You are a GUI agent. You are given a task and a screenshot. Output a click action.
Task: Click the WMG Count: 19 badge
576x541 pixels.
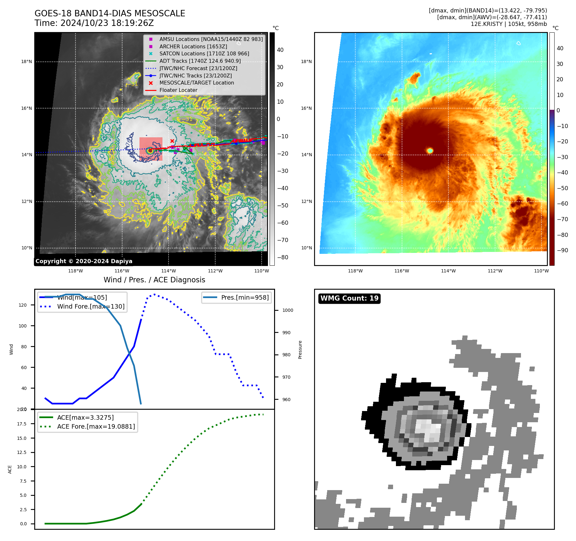(349, 298)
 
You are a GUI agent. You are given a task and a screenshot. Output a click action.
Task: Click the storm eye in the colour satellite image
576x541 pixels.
(430, 150)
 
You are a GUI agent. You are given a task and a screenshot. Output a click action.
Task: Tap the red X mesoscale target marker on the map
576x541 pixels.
(172, 141)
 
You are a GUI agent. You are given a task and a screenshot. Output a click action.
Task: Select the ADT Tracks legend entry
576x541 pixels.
(200, 61)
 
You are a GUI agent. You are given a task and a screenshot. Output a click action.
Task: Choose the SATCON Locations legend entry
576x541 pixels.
(204, 53)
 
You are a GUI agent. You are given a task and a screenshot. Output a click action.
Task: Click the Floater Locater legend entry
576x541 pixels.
(178, 90)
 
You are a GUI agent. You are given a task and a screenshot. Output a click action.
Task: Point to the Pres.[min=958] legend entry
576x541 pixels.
(245, 297)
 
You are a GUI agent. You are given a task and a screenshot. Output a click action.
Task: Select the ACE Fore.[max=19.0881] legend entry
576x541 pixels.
(96, 426)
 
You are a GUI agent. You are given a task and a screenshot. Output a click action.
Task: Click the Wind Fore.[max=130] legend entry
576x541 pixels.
(91, 306)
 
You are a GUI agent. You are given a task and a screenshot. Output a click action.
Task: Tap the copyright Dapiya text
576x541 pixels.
(84, 261)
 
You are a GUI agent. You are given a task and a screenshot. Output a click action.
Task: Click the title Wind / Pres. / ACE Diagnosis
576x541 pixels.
(154, 280)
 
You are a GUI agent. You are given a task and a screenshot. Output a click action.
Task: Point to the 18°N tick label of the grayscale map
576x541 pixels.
(27, 61)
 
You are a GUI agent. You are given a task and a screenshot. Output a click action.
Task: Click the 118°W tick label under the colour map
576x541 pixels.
(355, 271)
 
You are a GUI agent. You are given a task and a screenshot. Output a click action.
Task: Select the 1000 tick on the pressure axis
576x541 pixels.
(288, 310)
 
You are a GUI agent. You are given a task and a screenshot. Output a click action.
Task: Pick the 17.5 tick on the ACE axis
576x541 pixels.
(22, 424)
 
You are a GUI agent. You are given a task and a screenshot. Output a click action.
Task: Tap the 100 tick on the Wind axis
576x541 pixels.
(23, 326)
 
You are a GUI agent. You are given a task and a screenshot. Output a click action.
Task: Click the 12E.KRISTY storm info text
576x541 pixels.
(509, 24)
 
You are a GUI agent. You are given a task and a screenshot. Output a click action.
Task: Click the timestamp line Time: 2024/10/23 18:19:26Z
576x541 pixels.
(94, 23)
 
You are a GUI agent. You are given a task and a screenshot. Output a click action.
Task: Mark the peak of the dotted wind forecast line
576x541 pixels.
(154, 294)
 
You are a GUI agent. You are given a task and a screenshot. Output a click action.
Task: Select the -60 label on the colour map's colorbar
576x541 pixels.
(562, 204)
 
